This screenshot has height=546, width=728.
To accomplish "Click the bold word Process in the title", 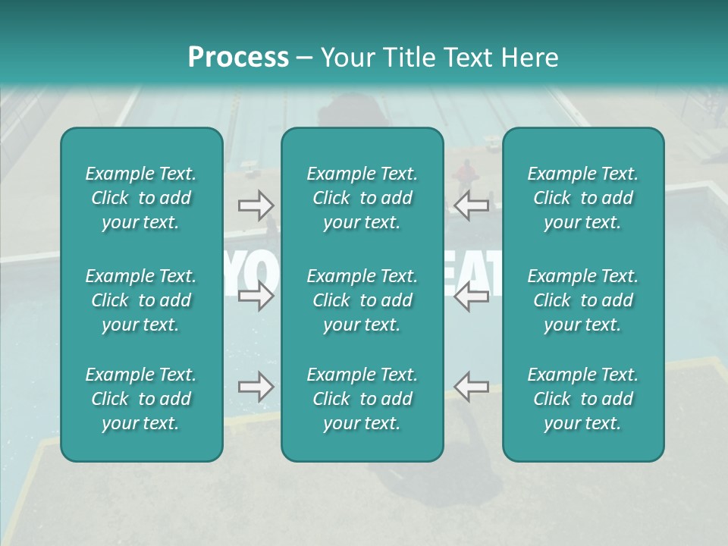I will pos(238,57).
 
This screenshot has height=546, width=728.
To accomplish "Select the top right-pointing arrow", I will pos(256,205).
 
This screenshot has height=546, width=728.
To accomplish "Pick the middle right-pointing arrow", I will pos(256,296).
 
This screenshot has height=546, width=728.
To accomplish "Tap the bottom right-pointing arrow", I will pos(256,387).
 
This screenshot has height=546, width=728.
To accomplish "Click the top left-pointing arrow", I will pos(472,205).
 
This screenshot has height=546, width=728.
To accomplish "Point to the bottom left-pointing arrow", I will pos(472,387).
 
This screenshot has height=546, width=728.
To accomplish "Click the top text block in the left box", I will pos(141,198).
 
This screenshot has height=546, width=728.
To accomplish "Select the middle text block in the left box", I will pos(141,300).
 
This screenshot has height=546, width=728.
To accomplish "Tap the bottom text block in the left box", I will pos(141,399).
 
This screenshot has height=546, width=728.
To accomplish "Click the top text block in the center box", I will pos(362,198).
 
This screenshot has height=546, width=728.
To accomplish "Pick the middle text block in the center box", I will pos(362,300).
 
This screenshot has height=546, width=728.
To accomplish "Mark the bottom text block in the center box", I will pos(362,399).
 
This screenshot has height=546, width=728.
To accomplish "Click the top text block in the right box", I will pos(583,198).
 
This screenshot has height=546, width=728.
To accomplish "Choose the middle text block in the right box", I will pos(583,300).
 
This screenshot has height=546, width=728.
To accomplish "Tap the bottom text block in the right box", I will pos(583,399).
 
